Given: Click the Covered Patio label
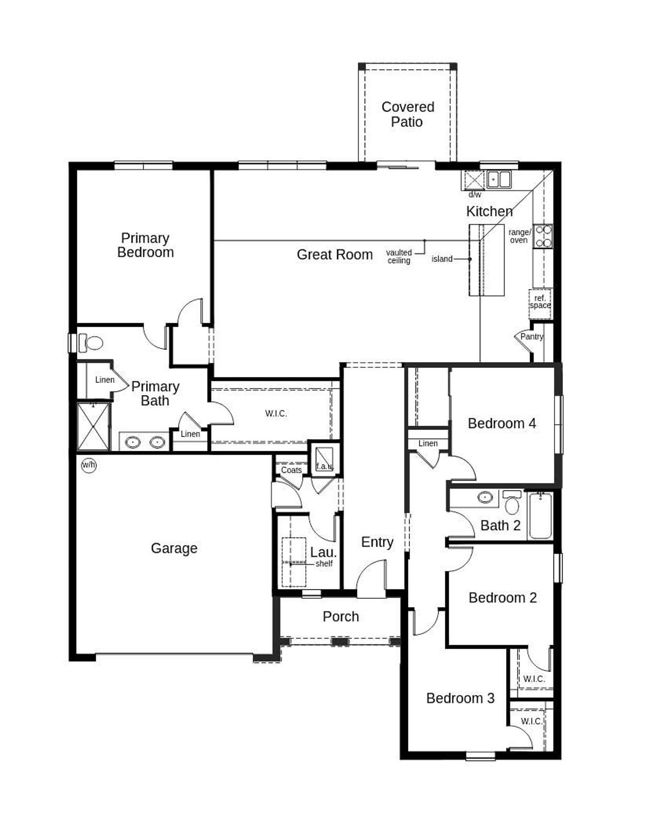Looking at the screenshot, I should (407, 114).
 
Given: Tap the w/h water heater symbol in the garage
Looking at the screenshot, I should (89, 465).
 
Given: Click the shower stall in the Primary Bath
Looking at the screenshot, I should (93, 427).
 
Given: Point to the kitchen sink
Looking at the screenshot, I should (499, 180).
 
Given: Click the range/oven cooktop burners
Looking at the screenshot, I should (543, 237).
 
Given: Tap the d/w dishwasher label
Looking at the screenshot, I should (475, 195).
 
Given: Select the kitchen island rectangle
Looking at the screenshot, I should (486, 260).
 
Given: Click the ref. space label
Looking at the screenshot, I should (540, 302).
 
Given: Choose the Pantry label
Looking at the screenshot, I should (531, 337).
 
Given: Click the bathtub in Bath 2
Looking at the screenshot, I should (540, 515).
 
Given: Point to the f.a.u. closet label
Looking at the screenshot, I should (325, 466).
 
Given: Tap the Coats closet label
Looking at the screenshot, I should (291, 470).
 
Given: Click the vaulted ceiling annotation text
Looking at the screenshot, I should (399, 257).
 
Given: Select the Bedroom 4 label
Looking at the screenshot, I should (501, 424).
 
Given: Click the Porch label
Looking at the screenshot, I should (340, 616).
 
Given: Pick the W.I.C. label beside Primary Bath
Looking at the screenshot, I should (276, 413).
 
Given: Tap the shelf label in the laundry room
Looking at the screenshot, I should (324, 564).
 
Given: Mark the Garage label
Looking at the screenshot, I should (174, 548).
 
